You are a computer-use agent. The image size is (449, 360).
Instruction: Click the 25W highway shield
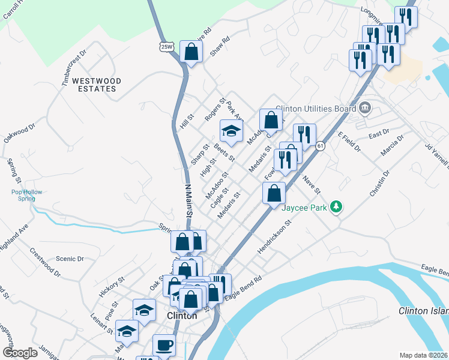[167, 46]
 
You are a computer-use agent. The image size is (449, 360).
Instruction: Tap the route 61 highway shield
[321, 145]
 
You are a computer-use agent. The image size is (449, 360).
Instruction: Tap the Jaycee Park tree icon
[337, 207]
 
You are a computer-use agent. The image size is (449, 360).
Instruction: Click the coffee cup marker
[163, 345]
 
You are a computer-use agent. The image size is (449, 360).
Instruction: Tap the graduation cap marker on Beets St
[231, 130]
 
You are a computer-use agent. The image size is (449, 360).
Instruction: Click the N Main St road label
[188, 200]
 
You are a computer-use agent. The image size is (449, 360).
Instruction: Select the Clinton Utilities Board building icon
[364, 108]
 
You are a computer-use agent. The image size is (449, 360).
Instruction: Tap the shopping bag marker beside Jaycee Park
[274, 194]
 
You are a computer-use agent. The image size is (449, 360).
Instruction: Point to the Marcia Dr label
[393, 146]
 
